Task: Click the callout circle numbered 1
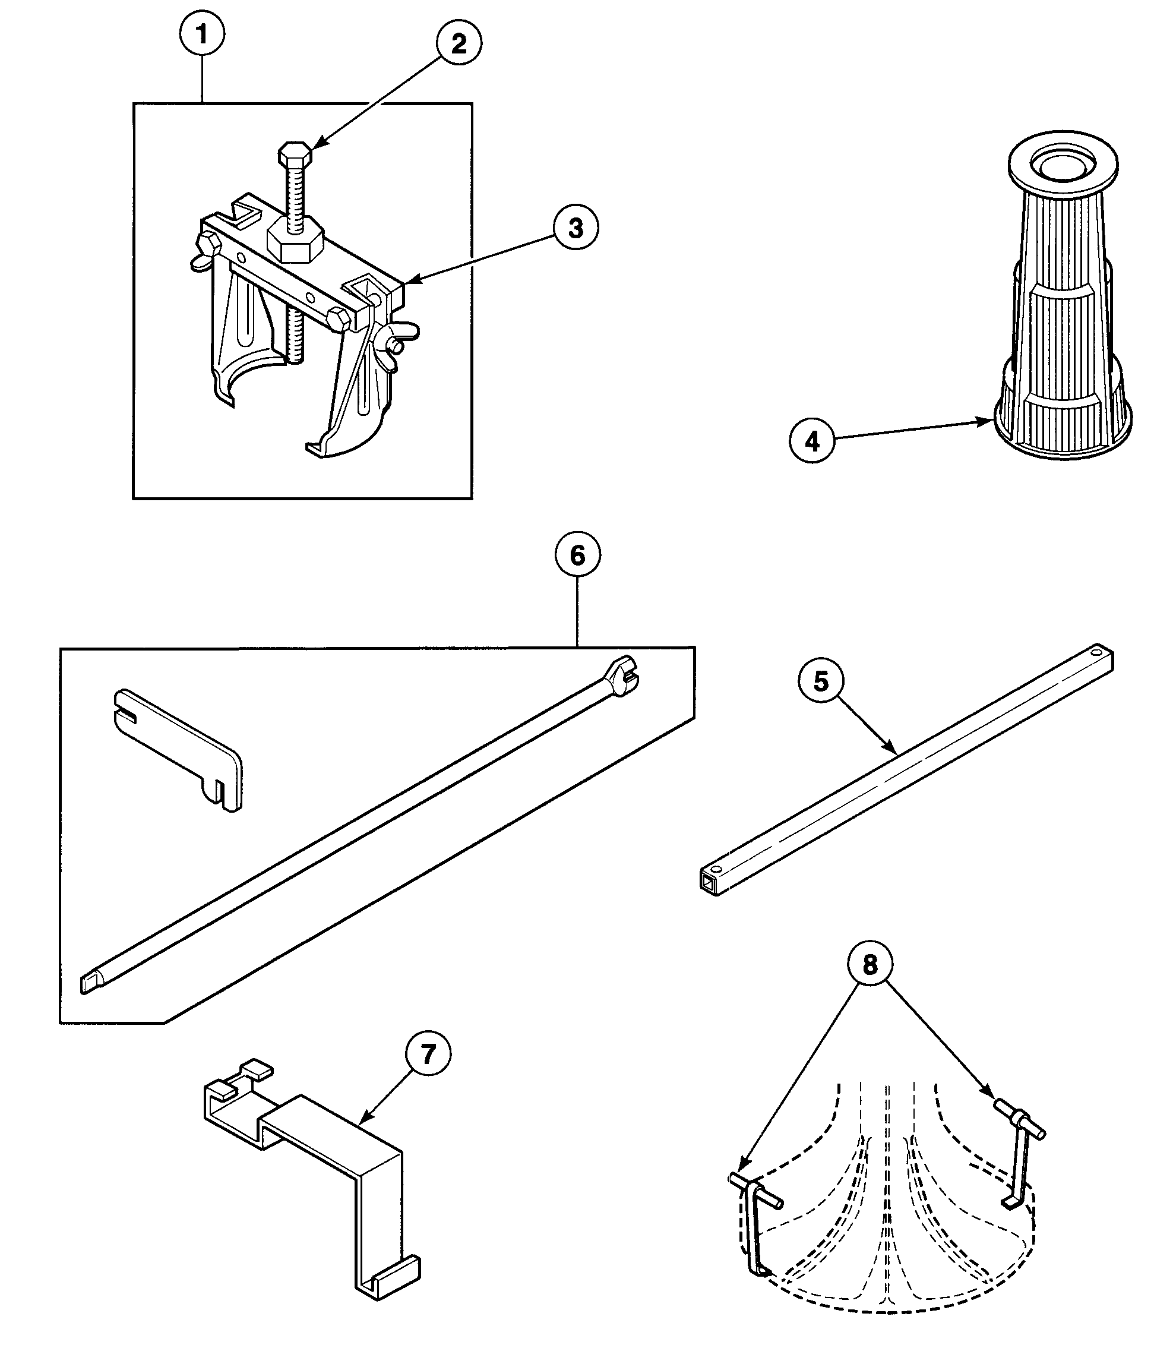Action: [x=201, y=34]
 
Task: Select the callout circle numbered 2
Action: [x=459, y=43]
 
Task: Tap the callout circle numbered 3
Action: [x=576, y=228]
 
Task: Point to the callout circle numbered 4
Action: [x=812, y=441]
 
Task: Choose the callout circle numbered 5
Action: [x=821, y=681]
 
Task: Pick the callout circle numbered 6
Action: [x=577, y=555]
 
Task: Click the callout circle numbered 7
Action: [x=428, y=1053]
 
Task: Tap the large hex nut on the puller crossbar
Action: [x=296, y=243]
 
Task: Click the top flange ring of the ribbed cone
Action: [x=1063, y=163]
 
